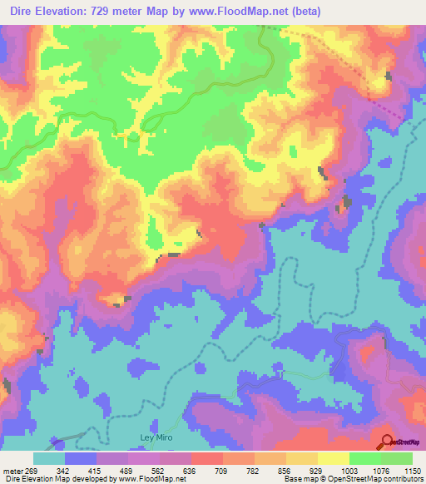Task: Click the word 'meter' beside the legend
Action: (x=14, y=470)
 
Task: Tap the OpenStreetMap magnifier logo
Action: (x=387, y=442)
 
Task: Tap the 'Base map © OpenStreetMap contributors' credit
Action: (x=352, y=479)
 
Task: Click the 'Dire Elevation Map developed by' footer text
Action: (x=58, y=479)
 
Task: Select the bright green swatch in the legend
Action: (x=365, y=458)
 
